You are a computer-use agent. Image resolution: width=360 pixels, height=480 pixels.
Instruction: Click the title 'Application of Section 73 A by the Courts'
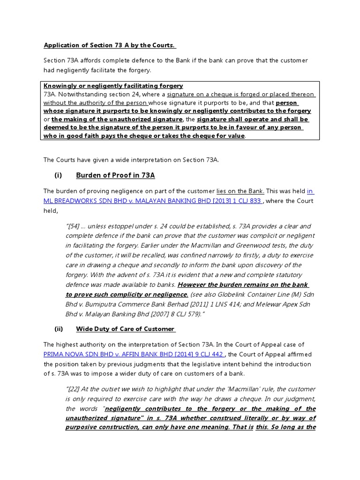point(109,45)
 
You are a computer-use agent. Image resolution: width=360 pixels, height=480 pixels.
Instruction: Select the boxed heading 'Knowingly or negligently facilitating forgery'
point(113,86)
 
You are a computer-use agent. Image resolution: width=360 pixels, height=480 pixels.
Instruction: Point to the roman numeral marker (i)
point(58,175)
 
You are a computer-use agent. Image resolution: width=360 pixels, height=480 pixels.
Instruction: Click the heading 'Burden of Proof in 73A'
point(115,175)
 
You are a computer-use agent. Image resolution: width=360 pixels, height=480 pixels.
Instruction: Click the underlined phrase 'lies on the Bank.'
point(240,191)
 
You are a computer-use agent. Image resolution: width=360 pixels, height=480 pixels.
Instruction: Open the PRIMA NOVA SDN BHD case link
point(134,354)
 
